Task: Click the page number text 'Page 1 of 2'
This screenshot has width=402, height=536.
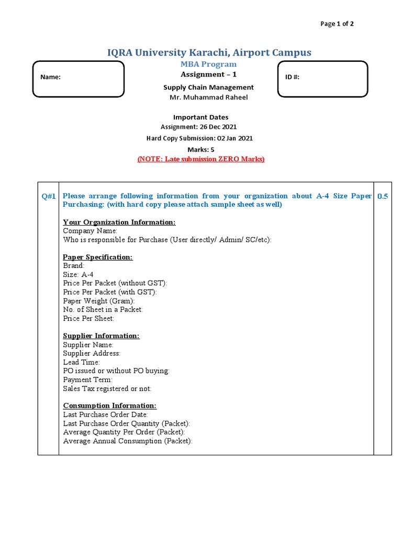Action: click(337, 24)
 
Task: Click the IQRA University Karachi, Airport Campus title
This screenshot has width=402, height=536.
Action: click(209, 52)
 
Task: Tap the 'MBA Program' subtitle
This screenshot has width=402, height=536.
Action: click(208, 64)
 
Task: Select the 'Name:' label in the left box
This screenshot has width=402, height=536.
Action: click(50, 77)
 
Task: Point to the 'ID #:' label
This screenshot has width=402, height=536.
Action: click(292, 77)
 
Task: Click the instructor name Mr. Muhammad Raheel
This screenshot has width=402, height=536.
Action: click(208, 97)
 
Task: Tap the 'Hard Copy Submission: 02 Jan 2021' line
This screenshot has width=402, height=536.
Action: click(200, 138)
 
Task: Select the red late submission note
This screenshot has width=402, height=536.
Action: click(201, 159)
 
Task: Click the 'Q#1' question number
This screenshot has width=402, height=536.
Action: click(49, 196)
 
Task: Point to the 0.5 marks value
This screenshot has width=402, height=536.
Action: click(383, 196)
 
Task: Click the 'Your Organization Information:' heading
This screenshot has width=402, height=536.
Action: click(119, 222)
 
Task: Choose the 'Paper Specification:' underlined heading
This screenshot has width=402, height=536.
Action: click(98, 258)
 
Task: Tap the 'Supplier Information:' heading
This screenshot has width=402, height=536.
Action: click(102, 336)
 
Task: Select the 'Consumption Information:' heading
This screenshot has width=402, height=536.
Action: click(109, 406)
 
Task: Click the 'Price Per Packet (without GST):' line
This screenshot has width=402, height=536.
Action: click(115, 283)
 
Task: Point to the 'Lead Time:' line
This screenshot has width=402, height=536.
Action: click(81, 362)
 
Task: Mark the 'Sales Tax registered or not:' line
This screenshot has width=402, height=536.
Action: click(107, 388)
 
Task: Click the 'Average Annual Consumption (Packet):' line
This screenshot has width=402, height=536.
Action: click(128, 441)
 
